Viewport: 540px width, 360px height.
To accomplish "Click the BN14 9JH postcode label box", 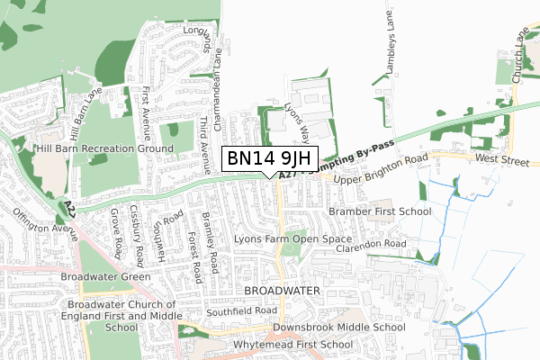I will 269,158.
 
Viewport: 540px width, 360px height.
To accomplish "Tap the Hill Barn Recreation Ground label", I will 103,148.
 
